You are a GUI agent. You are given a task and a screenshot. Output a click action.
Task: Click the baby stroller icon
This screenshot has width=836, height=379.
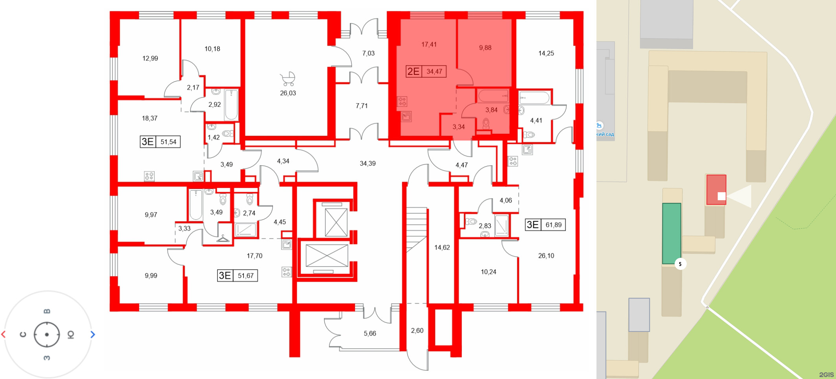(x=288, y=79)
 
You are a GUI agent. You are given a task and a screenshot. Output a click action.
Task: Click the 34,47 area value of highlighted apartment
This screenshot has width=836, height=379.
(x=434, y=71)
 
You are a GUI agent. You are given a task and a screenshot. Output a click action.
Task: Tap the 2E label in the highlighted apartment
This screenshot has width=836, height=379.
(x=413, y=71)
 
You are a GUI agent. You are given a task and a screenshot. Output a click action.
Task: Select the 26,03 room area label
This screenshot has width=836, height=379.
(x=288, y=93)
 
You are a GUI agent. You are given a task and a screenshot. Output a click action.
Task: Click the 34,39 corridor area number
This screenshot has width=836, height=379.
(x=368, y=164)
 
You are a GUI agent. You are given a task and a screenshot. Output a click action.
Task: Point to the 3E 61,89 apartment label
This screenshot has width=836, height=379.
(x=545, y=225)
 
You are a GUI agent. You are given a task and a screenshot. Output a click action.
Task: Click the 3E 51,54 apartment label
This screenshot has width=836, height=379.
(x=160, y=142)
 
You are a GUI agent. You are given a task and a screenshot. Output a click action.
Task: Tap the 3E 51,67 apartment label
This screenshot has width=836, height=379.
(x=238, y=275)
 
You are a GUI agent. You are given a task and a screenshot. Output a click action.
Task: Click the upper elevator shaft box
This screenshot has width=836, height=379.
(x=336, y=222)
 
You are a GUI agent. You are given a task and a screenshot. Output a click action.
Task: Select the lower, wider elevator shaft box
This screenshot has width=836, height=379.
(x=327, y=255)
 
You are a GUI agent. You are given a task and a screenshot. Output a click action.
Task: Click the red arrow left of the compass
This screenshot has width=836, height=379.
(x=4, y=334)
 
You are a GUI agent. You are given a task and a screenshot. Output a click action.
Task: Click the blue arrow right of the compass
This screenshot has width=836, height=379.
(x=93, y=334)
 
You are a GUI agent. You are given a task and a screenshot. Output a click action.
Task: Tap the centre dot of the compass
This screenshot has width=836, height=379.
(x=47, y=335)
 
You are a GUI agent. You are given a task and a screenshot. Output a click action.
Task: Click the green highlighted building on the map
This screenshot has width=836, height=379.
(x=671, y=233)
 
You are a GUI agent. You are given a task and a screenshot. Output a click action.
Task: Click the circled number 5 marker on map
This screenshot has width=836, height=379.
(x=680, y=264)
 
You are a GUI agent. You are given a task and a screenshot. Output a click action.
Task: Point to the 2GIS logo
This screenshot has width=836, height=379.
(x=826, y=375)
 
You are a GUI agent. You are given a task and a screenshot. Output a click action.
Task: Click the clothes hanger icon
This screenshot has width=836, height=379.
(x=223, y=238)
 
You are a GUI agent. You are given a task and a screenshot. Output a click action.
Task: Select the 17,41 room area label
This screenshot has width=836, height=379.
(x=429, y=45)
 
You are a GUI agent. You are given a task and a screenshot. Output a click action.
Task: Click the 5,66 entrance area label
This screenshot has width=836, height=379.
(x=370, y=333)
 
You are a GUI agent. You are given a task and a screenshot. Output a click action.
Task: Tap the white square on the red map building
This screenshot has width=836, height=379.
(x=721, y=196)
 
